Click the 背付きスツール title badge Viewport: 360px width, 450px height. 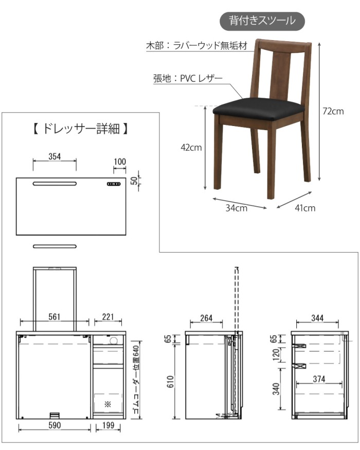(262, 21)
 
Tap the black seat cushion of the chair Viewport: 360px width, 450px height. (258, 109)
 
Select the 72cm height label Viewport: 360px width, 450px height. (333, 111)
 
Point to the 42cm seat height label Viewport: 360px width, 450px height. (191, 148)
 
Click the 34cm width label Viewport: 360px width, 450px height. (236, 208)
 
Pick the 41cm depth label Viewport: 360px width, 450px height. (305, 208)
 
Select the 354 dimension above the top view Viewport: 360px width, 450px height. (55, 156)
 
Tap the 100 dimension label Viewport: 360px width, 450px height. (120, 162)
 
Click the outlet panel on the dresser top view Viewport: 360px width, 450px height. (114, 184)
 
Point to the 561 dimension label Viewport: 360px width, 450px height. (55, 317)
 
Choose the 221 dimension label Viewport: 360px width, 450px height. (108, 317)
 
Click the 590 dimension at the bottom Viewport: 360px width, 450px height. (55, 425)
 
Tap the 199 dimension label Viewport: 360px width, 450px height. (108, 425)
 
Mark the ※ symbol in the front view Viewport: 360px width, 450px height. (107, 404)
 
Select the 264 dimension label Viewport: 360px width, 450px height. (206, 318)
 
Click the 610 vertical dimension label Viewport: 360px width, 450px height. (170, 382)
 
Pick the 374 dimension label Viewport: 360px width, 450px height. (319, 379)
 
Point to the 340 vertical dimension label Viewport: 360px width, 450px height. (276, 389)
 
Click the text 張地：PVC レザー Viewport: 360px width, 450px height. (188, 78)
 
